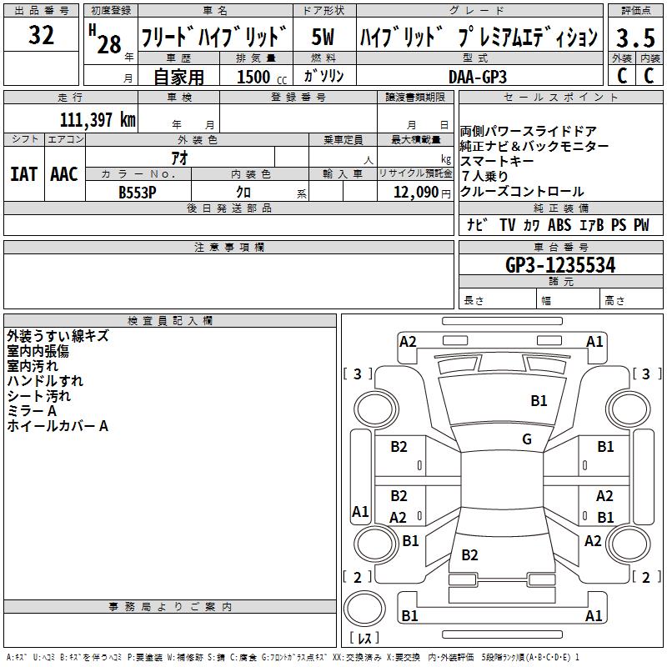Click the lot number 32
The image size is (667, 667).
41,36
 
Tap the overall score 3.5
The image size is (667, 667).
634,38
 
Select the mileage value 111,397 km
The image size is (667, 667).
98,119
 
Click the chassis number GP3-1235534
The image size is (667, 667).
560,265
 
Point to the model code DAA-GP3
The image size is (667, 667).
478,76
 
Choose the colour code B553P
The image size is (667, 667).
137,191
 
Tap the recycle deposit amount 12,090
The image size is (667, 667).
414,192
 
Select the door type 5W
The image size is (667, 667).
323,38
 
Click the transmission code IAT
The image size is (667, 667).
23,174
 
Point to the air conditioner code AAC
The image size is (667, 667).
64,174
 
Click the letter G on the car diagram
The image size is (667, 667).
527,439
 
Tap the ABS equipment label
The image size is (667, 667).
559,225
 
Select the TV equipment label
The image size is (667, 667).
507,225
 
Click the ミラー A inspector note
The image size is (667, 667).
32,411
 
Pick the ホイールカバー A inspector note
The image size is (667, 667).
58,426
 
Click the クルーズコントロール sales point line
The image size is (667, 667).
522,192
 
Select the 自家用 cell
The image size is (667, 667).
178,77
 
